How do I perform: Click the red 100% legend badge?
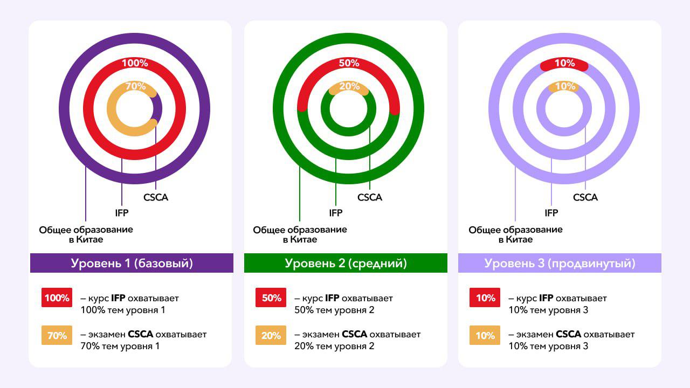(x=57, y=298)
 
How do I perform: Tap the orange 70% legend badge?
(x=57, y=335)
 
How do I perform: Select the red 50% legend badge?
(x=271, y=298)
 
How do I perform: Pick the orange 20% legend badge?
(x=271, y=335)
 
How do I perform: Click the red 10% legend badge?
(x=485, y=298)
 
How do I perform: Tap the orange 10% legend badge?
(x=485, y=335)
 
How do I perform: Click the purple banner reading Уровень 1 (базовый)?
(x=132, y=264)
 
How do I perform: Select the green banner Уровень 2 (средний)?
(x=346, y=264)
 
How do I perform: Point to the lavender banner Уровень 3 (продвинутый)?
(x=560, y=264)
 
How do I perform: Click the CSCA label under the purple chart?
(x=156, y=197)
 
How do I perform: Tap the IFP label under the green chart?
(x=336, y=213)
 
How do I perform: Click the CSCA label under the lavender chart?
(x=585, y=197)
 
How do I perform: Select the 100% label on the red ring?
(x=135, y=63)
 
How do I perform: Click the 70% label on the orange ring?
(x=136, y=86)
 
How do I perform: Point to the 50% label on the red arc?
(x=349, y=63)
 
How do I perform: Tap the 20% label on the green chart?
(x=349, y=86)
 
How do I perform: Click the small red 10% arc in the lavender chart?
(x=564, y=64)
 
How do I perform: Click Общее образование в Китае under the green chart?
(x=300, y=234)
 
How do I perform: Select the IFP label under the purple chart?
(x=122, y=213)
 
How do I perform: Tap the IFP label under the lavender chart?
(x=551, y=213)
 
